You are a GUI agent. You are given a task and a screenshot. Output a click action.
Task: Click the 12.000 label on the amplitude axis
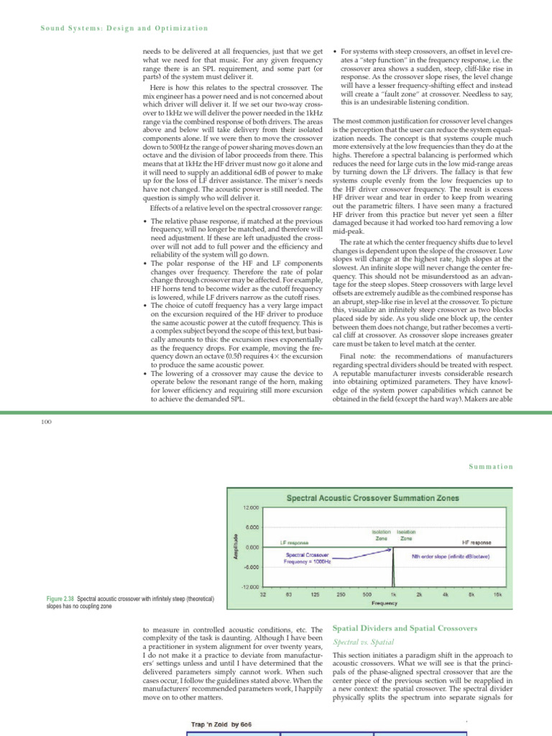pyautogui.click(x=249, y=507)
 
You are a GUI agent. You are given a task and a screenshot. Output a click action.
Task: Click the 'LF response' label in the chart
pyautogui.click(x=294, y=542)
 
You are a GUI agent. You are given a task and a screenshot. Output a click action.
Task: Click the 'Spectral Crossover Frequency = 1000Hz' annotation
pyautogui.click(x=308, y=558)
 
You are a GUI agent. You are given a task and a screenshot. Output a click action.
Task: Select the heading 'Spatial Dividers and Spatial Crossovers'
pyautogui.click(x=405, y=628)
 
